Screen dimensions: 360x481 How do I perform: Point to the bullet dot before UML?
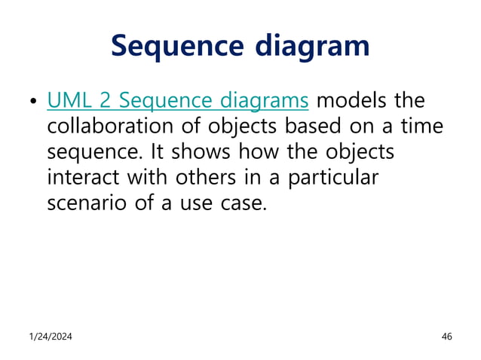click(x=32, y=102)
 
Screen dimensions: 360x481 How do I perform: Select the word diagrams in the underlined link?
click(x=265, y=100)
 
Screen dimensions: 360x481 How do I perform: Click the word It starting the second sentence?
click(x=157, y=151)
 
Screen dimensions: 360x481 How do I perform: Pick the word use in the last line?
click(x=197, y=203)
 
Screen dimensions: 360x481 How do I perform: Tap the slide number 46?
click(x=446, y=336)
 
